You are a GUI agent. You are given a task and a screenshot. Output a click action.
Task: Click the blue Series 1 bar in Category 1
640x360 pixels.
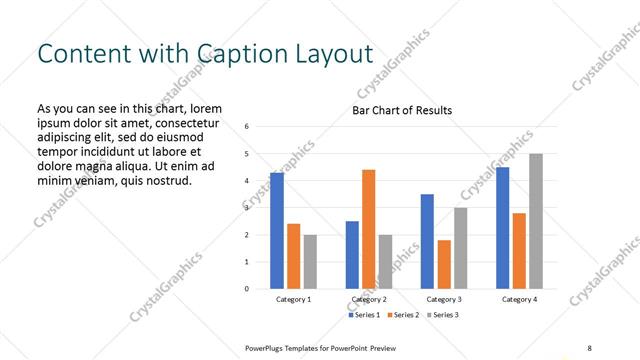click(277, 231)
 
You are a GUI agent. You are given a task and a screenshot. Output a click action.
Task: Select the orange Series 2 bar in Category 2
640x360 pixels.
click(369, 229)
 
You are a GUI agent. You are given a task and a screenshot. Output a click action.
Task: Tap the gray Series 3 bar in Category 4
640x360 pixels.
click(536, 221)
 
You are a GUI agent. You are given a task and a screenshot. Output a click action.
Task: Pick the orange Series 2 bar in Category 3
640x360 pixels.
click(444, 264)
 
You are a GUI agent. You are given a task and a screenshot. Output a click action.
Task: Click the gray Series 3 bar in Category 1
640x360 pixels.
click(310, 262)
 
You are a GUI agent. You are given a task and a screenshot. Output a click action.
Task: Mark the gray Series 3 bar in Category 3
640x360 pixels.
click(461, 248)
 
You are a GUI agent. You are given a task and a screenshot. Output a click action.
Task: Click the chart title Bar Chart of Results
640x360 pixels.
click(402, 110)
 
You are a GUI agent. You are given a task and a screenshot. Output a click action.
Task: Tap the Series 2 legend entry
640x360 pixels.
click(402, 315)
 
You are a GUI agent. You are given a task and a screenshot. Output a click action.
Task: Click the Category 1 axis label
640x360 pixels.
click(294, 299)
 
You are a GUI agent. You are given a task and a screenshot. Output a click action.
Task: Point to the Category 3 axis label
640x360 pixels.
click(444, 299)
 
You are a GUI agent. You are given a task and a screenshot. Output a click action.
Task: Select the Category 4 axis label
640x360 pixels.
click(519, 299)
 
